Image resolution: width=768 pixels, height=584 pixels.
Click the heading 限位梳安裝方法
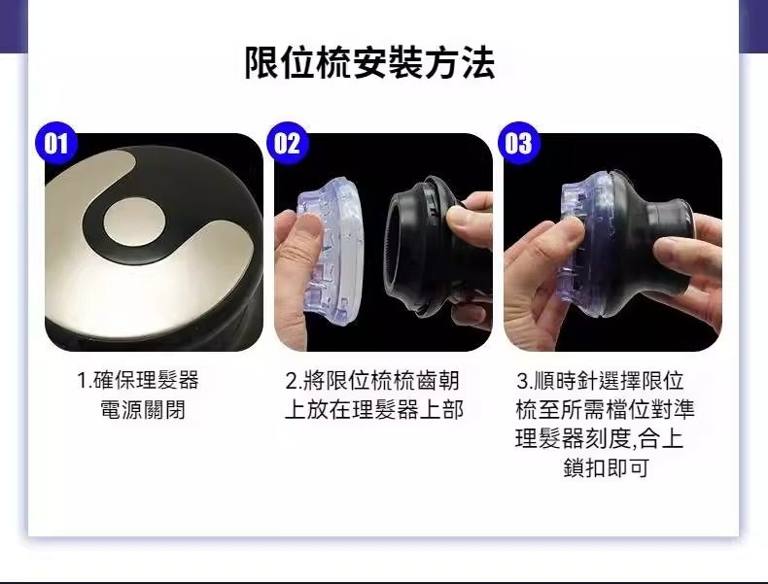[369, 63]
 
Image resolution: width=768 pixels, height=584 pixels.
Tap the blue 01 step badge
[56, 143]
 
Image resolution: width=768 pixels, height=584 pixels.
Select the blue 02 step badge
[287, 143]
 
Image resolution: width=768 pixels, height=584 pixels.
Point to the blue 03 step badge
[518, 143]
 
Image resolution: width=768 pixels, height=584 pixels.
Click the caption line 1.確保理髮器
[138, 380]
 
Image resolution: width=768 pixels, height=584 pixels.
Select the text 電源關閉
[143, 410]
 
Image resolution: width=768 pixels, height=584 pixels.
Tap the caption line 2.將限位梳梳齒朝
[372, 380]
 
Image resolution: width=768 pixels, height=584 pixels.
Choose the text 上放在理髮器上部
[374, 410]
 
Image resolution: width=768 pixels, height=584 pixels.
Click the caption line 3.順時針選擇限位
[600, 380]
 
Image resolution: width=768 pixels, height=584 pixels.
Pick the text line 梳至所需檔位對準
[605, 410]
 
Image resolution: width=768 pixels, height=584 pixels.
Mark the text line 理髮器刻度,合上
[599, 438]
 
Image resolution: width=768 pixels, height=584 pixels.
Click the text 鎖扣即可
[606, 467]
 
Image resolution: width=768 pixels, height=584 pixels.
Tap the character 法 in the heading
[478, 63]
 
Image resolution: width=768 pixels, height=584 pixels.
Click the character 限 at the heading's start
[262, 63]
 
